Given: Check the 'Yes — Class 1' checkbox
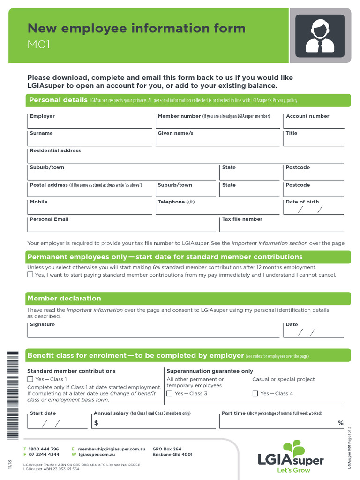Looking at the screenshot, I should coord(30,379).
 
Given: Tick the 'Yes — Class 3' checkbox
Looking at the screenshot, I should coord(170,394).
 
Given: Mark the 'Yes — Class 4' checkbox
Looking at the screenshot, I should coord(255,394).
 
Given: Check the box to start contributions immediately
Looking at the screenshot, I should coord(30,275).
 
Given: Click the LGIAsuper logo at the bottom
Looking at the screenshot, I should coord(291,457).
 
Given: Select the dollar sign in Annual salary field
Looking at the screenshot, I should coord(96,423).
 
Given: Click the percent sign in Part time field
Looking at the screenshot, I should coord(341,423).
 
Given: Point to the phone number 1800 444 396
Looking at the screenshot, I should coord(44,449).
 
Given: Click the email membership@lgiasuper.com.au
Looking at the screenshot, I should coord(112,449).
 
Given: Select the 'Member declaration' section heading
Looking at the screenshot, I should coord(64,299).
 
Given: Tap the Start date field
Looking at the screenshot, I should coord(57,423).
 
